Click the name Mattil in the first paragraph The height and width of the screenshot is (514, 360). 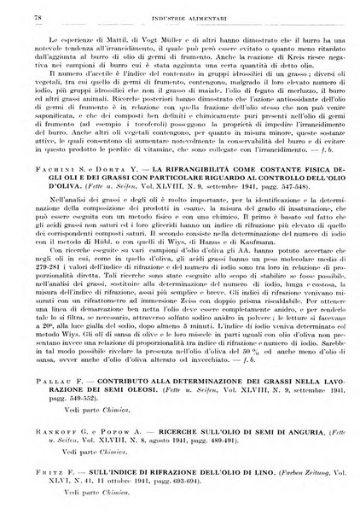tap(101, 40)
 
